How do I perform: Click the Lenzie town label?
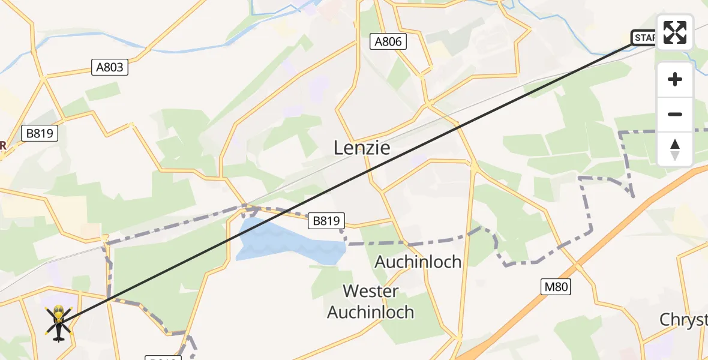tap(362, 148)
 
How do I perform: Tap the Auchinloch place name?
tap(418, 262)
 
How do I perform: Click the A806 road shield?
tap(388, 41)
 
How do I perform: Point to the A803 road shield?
tap(110, 67)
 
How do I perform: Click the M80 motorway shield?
tap(554, 287)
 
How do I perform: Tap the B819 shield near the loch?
tap(328, 221)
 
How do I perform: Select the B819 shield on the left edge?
tap(40, 133)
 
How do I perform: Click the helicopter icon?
tap(59, 322)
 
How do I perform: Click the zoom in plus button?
tap(675, 79)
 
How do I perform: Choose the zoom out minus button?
tap(675, 114)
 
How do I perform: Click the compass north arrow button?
tap(675, 149)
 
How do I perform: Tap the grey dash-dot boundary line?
tap(420, 242)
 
